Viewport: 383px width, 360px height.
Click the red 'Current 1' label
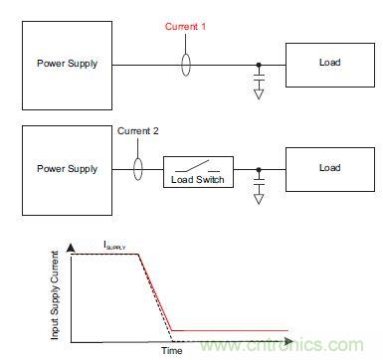(x=185, y=26)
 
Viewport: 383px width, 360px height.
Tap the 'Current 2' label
(x=138, y=131)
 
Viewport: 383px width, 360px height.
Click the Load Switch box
(x=198, y=157)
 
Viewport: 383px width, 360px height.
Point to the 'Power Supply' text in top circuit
(x=68, y=64)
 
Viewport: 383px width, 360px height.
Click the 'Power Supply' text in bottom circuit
(x=68, y=169)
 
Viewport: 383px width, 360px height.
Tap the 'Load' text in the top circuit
(x=330, y=63)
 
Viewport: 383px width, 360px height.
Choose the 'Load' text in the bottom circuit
(x=330, y=168)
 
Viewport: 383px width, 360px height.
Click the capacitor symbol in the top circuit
(x=259, y=78)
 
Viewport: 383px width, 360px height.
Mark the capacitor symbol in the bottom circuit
(x=259, y=182)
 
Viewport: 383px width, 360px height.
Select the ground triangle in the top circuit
(x=259, y=94)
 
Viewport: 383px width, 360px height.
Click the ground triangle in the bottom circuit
(x=259, y=199)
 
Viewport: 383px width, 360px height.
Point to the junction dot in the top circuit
(x=259, y=65)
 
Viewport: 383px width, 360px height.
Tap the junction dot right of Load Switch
(x=259, y=170)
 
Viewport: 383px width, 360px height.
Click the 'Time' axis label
(x=172, y=350)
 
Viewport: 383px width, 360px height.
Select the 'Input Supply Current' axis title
(x=55, y=295)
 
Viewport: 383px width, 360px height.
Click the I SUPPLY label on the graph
(x=114, y=246)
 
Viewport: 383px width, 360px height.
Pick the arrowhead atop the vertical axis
(x=71, y=249)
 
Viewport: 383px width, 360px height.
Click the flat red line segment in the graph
(x=230, y=330)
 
